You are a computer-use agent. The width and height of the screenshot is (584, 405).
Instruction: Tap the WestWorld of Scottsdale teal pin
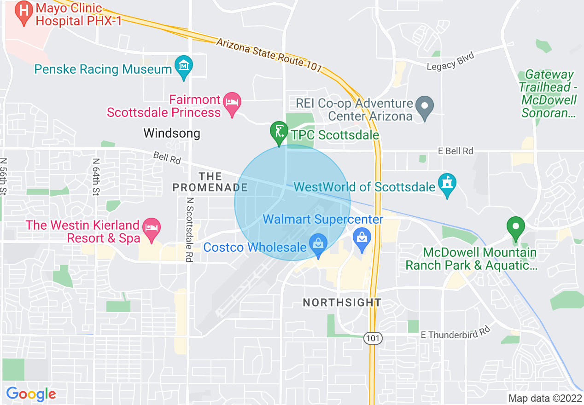click(447, 184)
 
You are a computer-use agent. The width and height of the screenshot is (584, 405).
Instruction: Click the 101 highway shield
click(373, 339)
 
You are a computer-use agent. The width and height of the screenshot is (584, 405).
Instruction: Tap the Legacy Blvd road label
click(450, 61)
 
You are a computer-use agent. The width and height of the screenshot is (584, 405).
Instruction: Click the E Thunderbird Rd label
click(455, 333)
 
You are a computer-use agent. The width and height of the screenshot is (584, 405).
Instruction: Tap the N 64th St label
click(95, 177)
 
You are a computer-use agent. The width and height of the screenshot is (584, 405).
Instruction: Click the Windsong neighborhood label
click(172, 133)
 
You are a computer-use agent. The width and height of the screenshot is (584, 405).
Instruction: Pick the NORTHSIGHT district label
click(342, 302)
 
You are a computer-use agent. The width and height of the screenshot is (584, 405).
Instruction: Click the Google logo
click(31, 394)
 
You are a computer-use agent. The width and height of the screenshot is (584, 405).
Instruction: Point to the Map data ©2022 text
click(544, 398)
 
